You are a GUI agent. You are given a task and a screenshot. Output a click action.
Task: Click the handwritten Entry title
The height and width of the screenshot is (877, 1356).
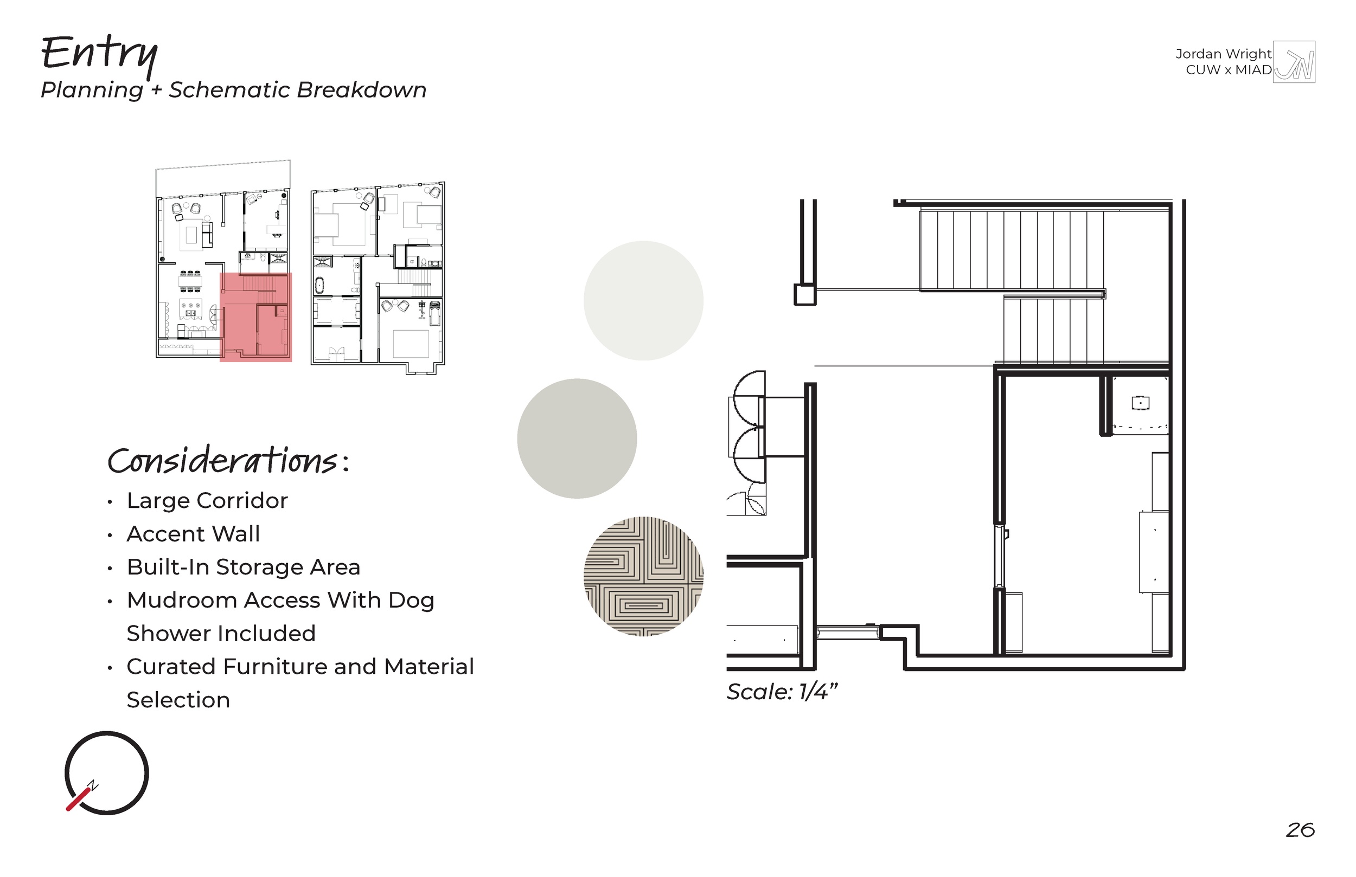(100, 55)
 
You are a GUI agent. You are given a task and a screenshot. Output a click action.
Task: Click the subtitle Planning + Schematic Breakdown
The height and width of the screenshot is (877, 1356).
(234, 90)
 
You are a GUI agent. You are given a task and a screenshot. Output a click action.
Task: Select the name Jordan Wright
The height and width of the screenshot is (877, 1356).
(1223, 54)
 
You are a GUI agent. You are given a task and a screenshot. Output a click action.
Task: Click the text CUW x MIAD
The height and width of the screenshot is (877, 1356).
(1229, 70)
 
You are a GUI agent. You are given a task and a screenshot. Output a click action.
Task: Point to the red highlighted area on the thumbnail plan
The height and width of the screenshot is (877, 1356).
(256, 317)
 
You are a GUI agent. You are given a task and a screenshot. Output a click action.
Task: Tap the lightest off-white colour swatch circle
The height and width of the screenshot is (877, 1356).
(643, 300)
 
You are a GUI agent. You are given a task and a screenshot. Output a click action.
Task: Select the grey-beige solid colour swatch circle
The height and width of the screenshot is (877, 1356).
(577, 438)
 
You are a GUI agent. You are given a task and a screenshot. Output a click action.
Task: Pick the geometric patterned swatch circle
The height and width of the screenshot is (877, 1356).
(643, 576)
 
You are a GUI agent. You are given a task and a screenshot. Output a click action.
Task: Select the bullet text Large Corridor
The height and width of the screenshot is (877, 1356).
(207, 501)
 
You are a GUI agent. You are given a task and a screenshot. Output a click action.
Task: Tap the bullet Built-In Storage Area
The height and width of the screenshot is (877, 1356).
(244, 567)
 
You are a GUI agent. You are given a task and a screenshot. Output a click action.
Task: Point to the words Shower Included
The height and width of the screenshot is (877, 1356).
(221, 633)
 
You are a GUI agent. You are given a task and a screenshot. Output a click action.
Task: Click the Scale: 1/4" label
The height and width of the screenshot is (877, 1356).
(782, 692)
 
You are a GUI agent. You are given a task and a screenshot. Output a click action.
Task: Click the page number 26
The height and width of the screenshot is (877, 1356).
(1300, 830)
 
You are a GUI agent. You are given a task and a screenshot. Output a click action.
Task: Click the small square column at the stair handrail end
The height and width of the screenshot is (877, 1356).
(805, 295)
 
